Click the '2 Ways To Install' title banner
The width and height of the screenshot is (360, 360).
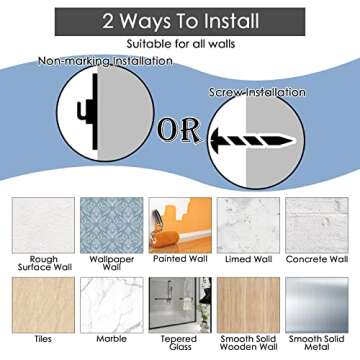click(180, 22)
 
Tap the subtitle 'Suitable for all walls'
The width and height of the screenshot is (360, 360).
click(181, 44)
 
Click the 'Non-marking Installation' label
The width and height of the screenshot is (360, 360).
click(106, 61)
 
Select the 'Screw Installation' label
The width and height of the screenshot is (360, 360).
click(257, 92)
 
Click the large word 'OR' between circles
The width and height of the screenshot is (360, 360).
click(179, 130)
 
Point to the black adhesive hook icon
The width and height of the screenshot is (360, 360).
click(88, 111)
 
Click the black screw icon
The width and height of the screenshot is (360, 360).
click(253, 140)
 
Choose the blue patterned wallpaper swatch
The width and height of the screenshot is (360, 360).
click(112, 225)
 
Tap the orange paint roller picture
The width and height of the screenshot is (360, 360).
click(180, 225)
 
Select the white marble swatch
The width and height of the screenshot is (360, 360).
click(112, 305)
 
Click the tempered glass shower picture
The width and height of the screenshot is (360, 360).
click(180, 305)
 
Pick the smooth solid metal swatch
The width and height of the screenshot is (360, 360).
click(317, 305)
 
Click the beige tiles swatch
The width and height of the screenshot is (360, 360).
click(43, 305)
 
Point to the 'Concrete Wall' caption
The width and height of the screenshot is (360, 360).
click(317, 259)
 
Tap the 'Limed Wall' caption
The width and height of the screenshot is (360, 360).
click(248, 259)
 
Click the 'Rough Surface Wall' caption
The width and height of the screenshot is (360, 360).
click(44, 263)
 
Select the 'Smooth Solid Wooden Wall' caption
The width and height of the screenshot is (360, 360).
click(248, 343)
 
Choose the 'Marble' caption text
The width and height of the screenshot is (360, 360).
click(112, 339)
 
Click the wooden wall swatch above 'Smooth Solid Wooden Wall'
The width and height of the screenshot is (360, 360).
click(248, 305)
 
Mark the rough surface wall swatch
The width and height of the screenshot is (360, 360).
click(43, 225)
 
